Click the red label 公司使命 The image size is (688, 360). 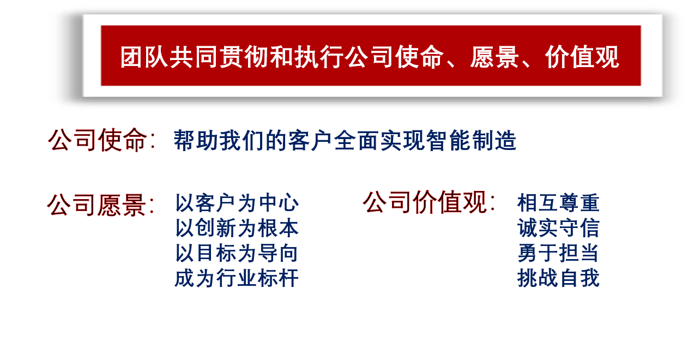(98, 140)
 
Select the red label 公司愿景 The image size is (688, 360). (96, 205)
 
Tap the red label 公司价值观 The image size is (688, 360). (425, 202)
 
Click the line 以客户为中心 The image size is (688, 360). (237, 203)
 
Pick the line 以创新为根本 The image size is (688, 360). (237, 228)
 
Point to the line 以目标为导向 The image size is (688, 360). (237, 253)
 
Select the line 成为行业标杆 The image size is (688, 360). (237, 278)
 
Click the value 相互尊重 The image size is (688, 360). (558, 203)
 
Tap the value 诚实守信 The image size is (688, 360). (558, 228)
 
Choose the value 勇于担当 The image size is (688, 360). (558, 253)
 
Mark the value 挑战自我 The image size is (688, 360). (558, 278)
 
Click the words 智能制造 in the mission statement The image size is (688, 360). (471, 141)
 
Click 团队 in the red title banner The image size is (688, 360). (144, 57)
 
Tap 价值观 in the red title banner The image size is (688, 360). (582, 57)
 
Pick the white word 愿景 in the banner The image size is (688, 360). (494, 57)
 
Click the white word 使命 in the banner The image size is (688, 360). (419, 57)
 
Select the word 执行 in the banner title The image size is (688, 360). (319, 57)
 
